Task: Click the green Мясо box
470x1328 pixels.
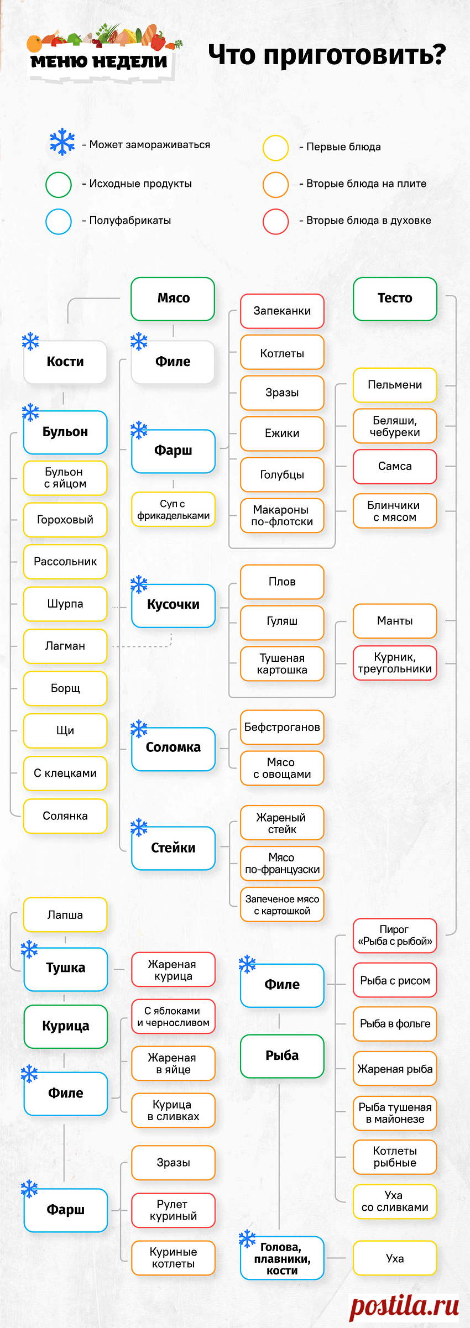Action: pyautogui.click(x=173, y=299)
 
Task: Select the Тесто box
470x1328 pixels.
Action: pyautogui.click(x=395, y=299)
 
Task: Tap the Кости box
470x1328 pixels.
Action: pyautogui.click(x=65, y=362)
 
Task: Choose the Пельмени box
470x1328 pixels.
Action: pyautogui.click(x=395, y=385)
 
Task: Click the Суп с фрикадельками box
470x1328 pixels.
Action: pyautogui.click(x=173, y=509)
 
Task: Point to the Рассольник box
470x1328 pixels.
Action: pyautogui.click(x=65, y=562)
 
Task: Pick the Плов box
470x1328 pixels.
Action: pyautogui.click(x=282, y=582)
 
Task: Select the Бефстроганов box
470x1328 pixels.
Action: pyautogui.click(x=282, y=727)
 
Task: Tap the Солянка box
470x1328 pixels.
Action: pyautogui.click(x=65, y=816)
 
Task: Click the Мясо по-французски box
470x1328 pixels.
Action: pyautogui.click(x=282, y=864)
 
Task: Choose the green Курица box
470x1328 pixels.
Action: pyautogui.click(x=65, y=1026)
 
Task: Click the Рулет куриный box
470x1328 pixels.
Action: pyautogui.click(x=173, y=1210)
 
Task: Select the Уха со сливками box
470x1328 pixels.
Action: pyautogui.click(x=395, y=1201)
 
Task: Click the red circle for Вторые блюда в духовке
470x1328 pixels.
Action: pyautogui.click(x=275, y=221)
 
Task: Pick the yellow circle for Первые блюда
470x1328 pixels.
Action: pyautogui.click(x=275, y=148)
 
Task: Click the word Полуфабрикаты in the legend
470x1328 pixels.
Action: pyautogui.click(x=130, y=221)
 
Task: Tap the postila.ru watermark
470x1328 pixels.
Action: pyautogui.click(x=404, y=1306)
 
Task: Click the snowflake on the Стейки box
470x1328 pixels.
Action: pyautogui.click(x=139, y=828)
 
